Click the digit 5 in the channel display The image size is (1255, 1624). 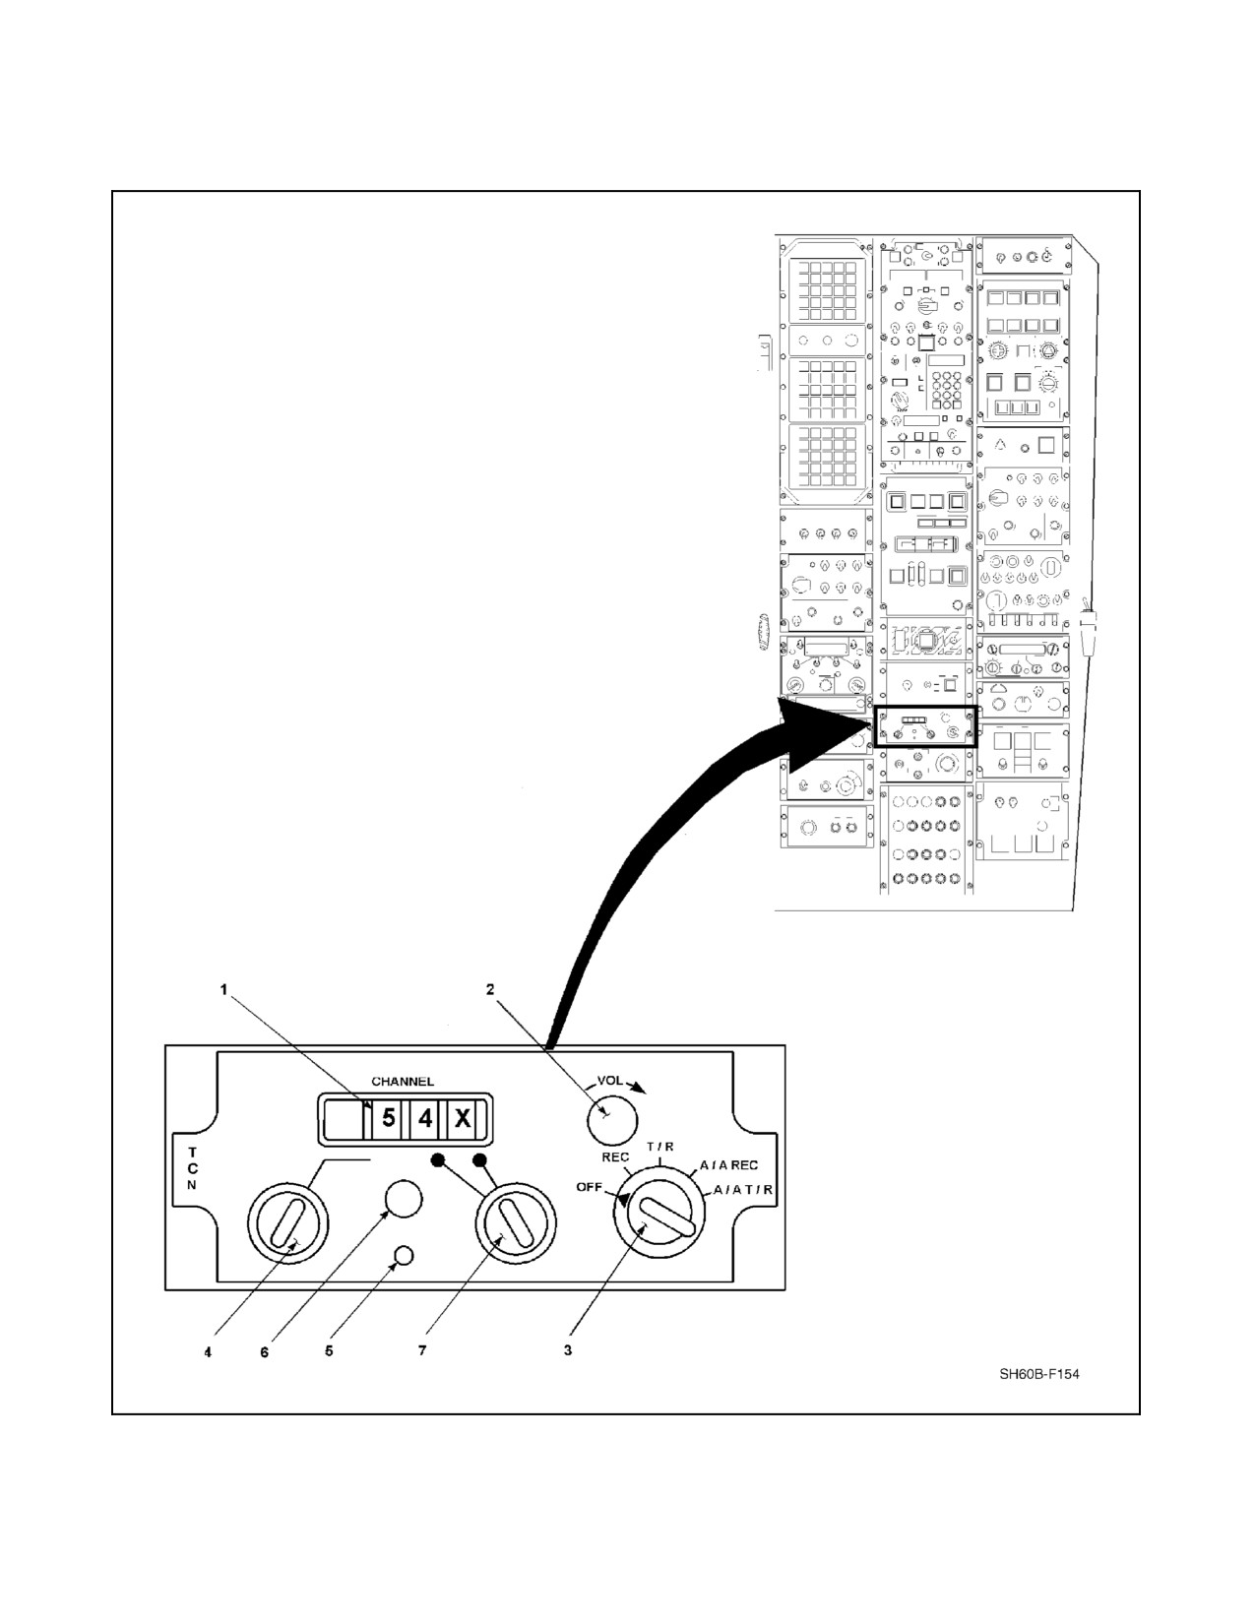388,1119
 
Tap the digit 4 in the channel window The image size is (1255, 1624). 424,1119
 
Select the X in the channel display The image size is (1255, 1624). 463,1119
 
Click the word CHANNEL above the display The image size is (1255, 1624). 403,1082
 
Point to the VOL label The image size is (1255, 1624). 610,1081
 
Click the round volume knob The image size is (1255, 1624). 610,1119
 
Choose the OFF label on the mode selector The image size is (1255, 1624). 589,1188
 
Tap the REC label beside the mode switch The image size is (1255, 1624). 615,1157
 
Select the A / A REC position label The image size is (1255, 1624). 728,1165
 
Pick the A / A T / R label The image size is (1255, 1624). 743,1189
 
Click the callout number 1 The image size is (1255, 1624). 222,990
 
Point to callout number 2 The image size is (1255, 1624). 490,989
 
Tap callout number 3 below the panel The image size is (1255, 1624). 568,1350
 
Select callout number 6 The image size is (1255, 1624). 265,1352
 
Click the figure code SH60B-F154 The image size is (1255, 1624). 1039,1374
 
